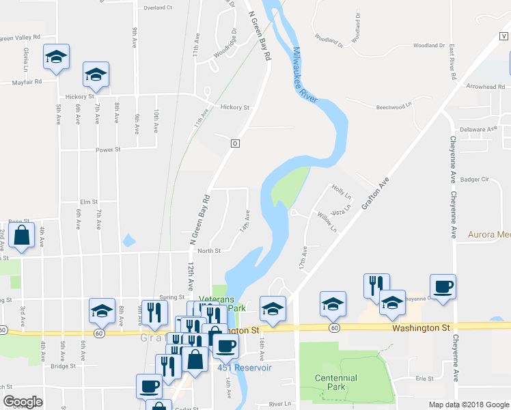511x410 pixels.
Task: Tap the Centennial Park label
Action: (336, 383)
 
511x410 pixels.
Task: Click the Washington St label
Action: (421, 328)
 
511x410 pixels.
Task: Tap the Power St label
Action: (108, 149)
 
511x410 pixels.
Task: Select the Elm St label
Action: (89, 202)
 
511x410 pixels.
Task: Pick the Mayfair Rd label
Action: (27, 81)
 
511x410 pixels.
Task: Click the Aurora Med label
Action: (489, 234)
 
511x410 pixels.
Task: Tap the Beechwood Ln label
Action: (396, 107)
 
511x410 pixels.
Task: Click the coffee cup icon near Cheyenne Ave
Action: (442, 287)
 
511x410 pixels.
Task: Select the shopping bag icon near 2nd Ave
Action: (22, 236)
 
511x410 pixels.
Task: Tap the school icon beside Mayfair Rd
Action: (96, 74)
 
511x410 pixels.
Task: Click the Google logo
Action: (23, 402)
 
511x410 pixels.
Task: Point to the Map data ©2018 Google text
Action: (468, 405)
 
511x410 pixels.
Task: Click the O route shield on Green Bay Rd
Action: (235, 143)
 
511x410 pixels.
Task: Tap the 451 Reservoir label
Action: (245, 368)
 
